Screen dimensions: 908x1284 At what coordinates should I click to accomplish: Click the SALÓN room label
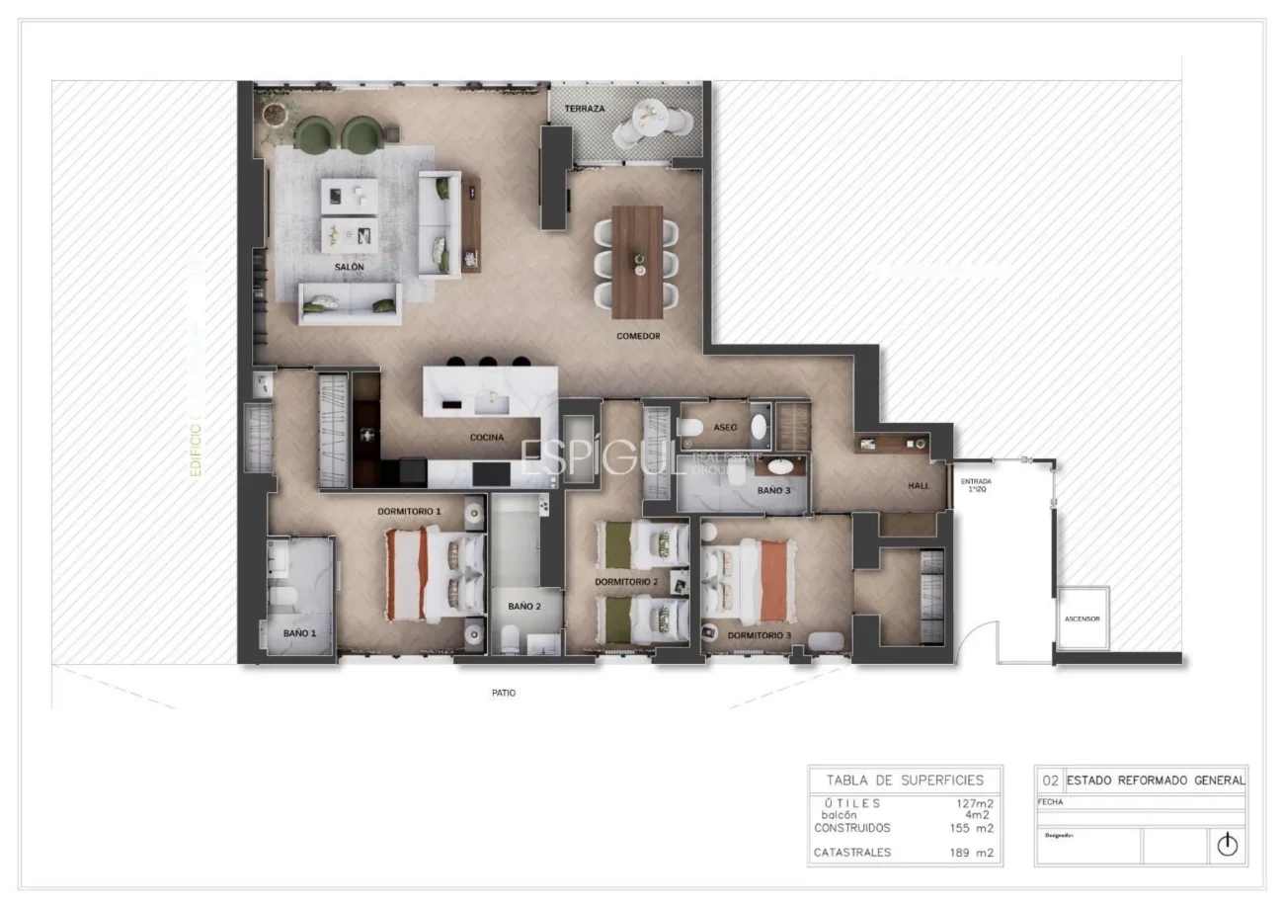coord(350,268)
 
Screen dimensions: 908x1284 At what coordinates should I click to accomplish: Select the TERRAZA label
coord(585,108)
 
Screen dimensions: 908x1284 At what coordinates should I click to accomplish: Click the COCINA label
coord(486,437)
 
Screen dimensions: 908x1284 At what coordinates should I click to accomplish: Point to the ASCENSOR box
coord(1082,619)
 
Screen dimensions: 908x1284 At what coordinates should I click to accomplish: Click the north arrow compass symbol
coord(1227,845)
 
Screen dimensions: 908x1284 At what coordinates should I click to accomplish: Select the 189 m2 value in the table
coord(972,852)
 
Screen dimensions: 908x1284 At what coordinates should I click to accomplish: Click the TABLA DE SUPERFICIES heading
coord(905,780)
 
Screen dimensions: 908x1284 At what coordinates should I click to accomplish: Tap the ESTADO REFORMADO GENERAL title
coord(1156,780)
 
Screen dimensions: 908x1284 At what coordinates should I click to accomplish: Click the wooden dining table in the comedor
coord(637,248)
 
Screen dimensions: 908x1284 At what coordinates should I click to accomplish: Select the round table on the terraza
coord(642,124)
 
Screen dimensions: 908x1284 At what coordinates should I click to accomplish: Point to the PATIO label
coord(504,693)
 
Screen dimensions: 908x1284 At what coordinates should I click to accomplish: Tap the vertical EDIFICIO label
coord(196,451)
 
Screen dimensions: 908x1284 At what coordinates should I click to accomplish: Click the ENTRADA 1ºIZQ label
coord(976,485)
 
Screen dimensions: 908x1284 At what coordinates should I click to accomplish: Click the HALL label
coord(921,486)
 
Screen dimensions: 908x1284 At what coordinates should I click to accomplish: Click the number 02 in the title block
coord(1050,780)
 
